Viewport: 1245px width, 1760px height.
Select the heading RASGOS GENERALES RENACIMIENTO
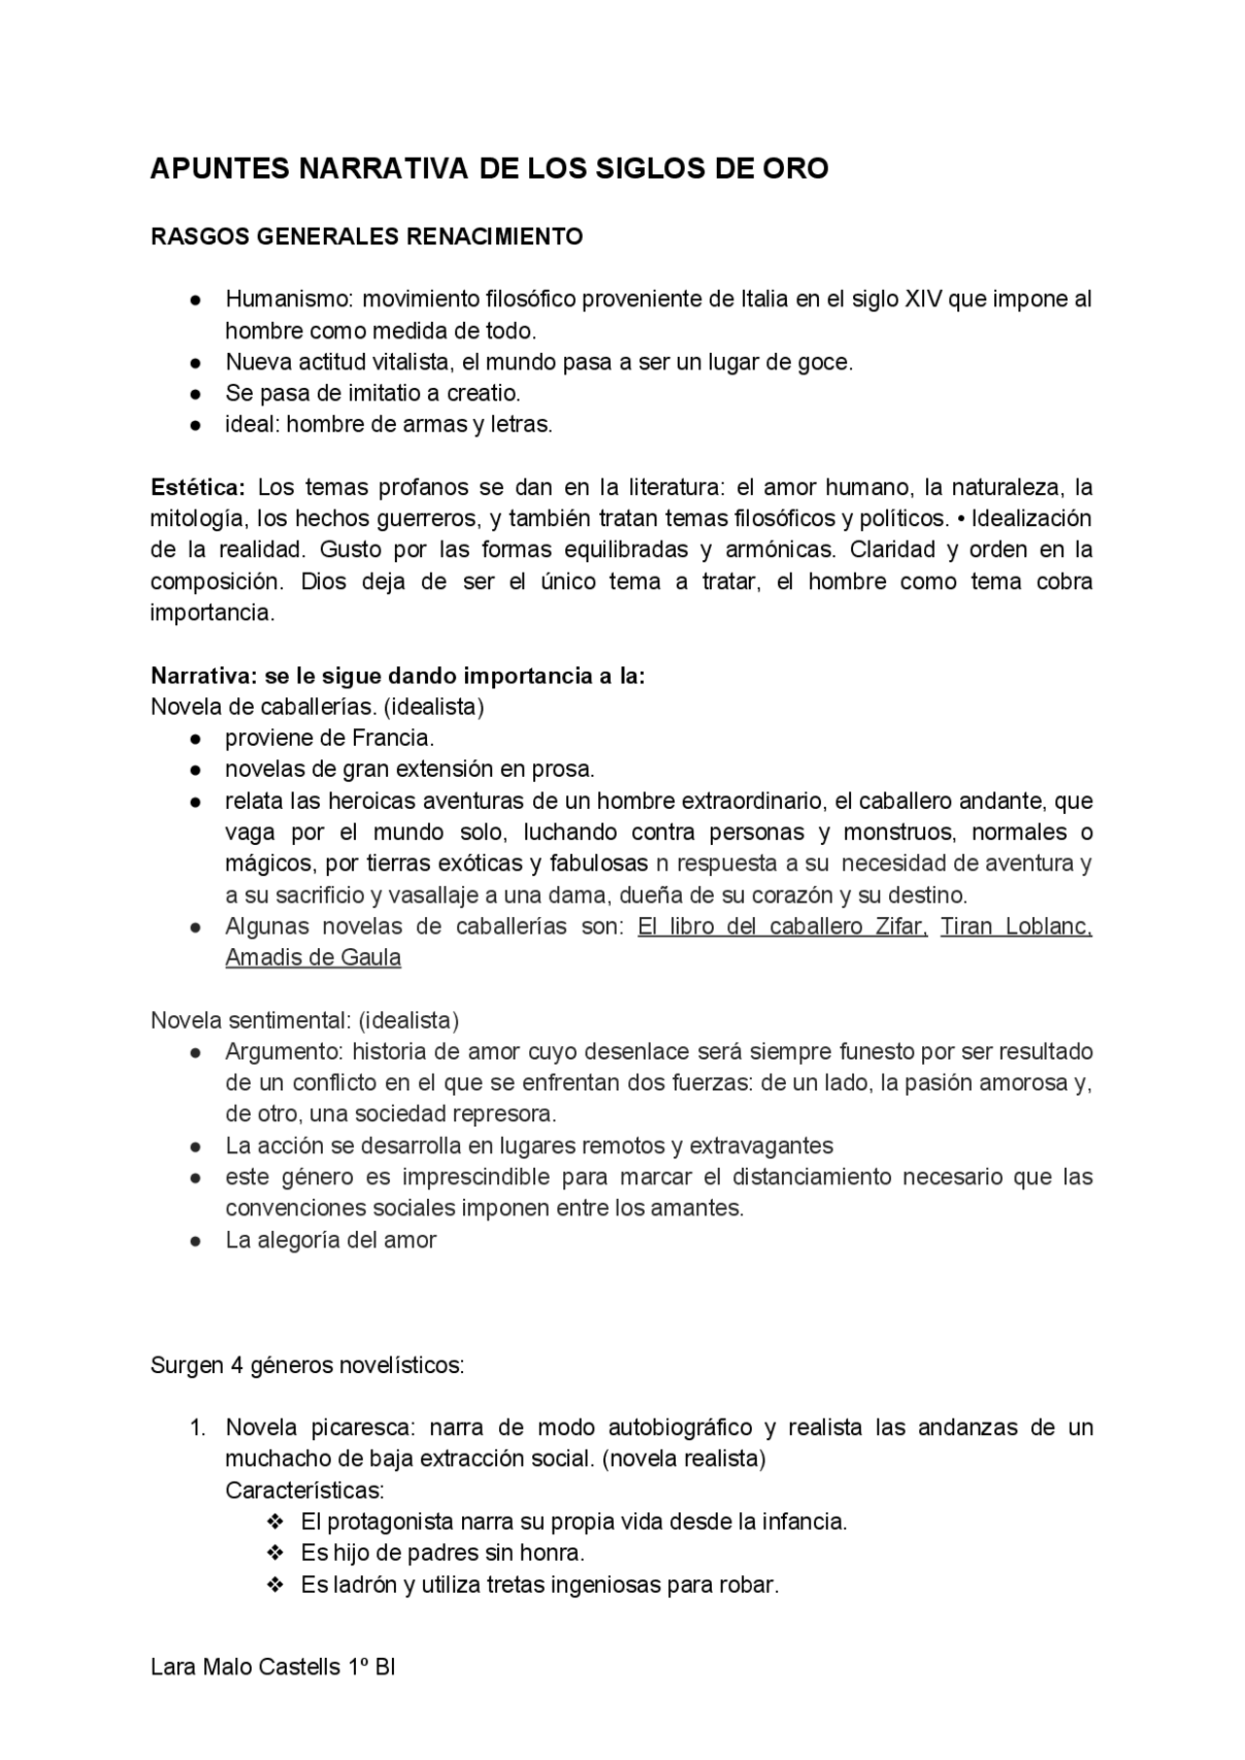367,237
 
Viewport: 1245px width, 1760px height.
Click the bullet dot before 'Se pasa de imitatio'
196,394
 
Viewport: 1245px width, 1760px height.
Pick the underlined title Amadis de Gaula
313,958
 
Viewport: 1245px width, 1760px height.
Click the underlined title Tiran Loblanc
1015,927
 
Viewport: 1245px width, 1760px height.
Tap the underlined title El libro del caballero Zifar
782,927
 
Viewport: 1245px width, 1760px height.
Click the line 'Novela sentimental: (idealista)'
304,1020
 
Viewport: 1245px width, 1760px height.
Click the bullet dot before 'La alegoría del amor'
196,1241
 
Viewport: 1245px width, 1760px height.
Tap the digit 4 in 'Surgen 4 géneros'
235,1365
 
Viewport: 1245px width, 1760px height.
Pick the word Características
304,1491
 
